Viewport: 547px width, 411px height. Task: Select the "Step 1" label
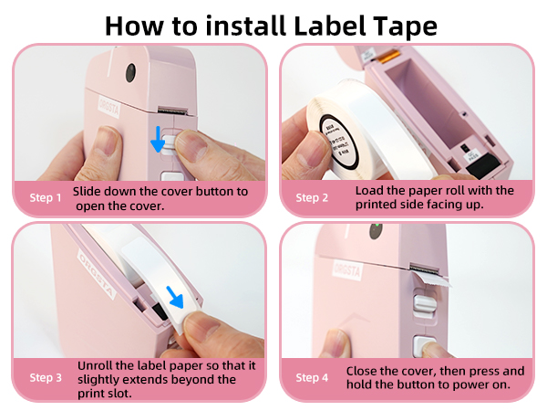(x=46, y=197)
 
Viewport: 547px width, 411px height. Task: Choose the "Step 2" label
(x=314, y=197)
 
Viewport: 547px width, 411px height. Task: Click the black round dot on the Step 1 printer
(x=129, y=69)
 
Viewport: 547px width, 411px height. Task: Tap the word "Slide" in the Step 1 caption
(x=89, y=191)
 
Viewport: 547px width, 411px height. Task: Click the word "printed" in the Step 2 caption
(x=377, y=205)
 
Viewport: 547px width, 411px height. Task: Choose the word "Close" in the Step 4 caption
(x=363, y=371)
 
